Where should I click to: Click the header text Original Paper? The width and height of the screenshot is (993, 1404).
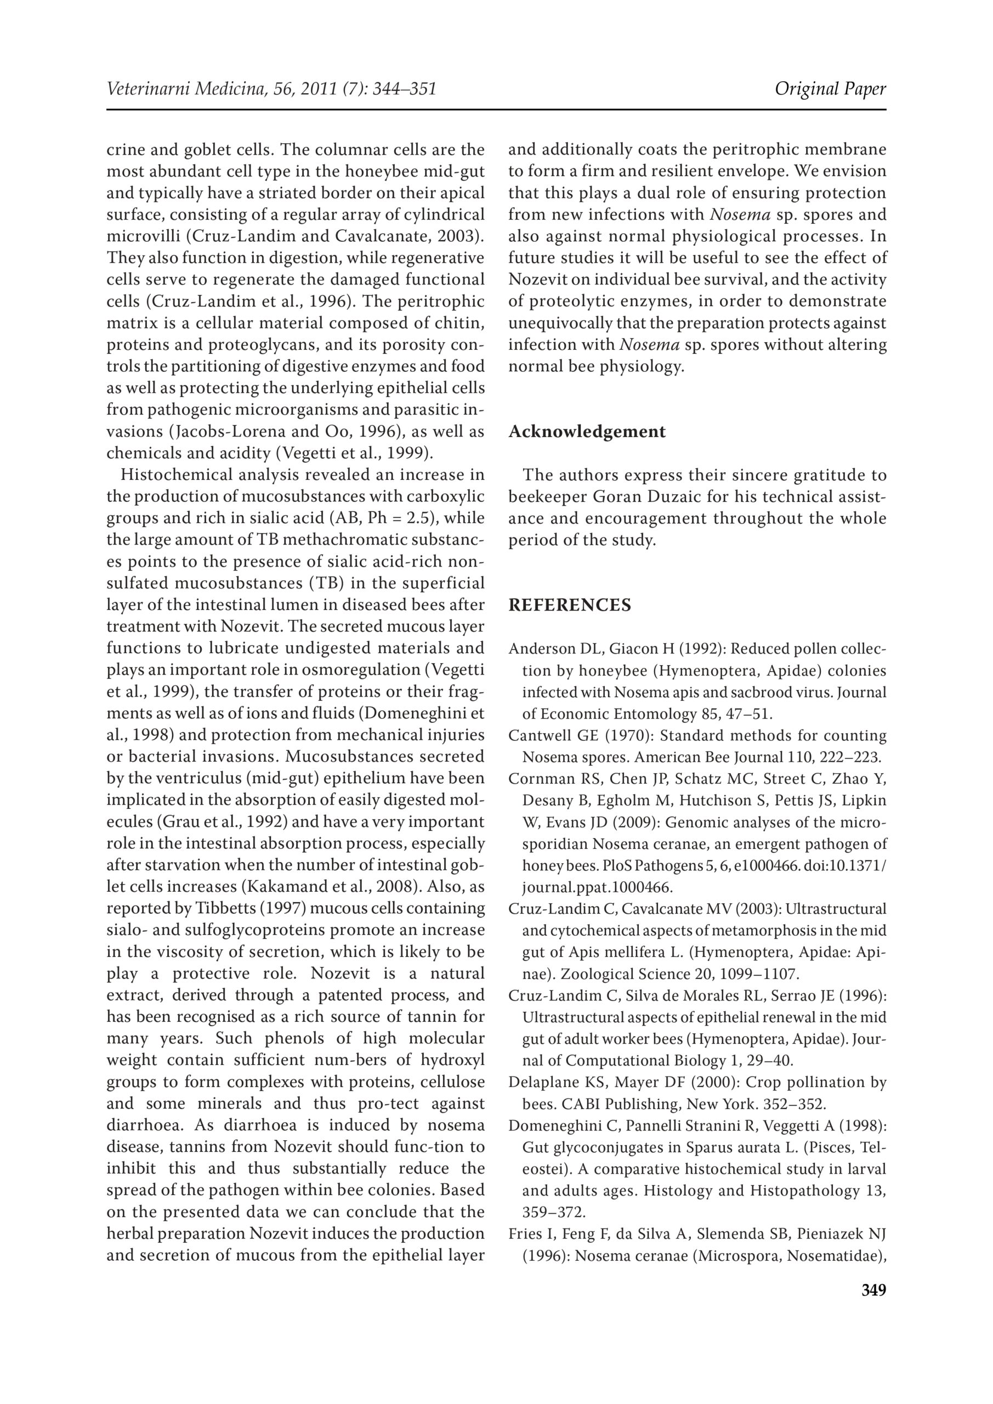(830, 89)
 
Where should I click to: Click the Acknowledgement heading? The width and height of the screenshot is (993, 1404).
(587, 432)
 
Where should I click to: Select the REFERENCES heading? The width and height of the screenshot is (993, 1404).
(569, 605)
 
